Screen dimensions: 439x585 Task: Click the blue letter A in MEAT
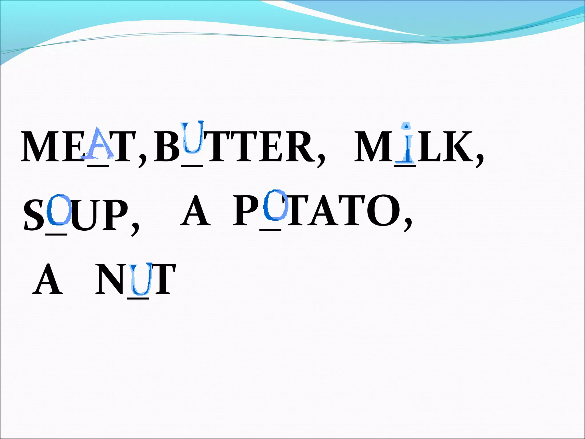(x=98, y=143)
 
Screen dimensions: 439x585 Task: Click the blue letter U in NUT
(x=140, y=280)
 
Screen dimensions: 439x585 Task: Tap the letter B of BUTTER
(x=167, y=147)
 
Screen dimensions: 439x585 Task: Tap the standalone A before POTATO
(x=195, y=210)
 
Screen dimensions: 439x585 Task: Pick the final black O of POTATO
(x=386, y=210)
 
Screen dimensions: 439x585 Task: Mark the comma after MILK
(x=480, y=160)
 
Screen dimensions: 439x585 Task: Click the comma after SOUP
(x=135, y=229)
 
